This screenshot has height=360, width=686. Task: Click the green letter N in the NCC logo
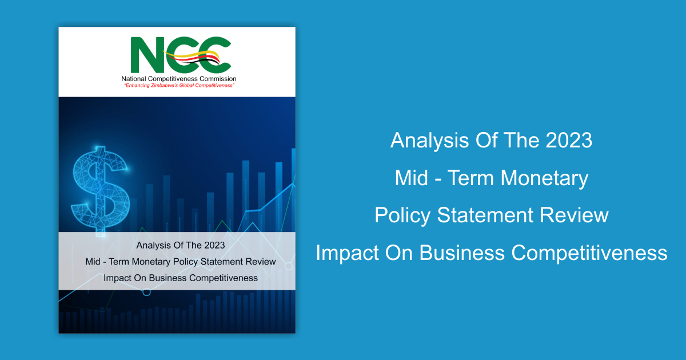click(147, 55)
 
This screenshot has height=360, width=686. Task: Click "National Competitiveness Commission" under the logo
click(179, 79)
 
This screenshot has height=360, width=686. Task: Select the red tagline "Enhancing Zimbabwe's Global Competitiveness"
click(179, 85)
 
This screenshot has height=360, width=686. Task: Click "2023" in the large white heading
click(569, 140)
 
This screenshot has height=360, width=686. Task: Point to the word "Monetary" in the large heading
click(544, 178)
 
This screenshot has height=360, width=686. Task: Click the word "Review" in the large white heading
click(574, 215)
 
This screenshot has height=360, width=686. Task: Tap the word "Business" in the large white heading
click(462, 253)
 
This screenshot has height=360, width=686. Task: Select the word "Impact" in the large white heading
click(348, 254)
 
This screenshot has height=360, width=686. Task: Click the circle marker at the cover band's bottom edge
click(147, 293)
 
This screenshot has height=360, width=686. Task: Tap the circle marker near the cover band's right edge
click(289, 266)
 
